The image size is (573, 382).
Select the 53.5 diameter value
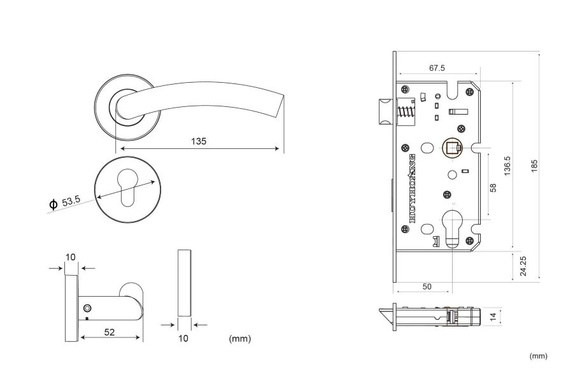click(x=71, y=201)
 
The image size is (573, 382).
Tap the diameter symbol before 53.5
click(x=53, y=204)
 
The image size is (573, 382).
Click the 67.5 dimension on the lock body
click(x=436, y=67)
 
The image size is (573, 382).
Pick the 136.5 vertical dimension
click(x=507, y=167)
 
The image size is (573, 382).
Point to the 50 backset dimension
click(x=427, y=287)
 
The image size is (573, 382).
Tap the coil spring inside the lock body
click(x=406, y=116)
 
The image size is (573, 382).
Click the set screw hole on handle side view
click(x=87, y=308)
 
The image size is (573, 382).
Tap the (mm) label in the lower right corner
click(x=538, y=356)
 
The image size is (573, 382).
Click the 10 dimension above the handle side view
click(x=71, y=257)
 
